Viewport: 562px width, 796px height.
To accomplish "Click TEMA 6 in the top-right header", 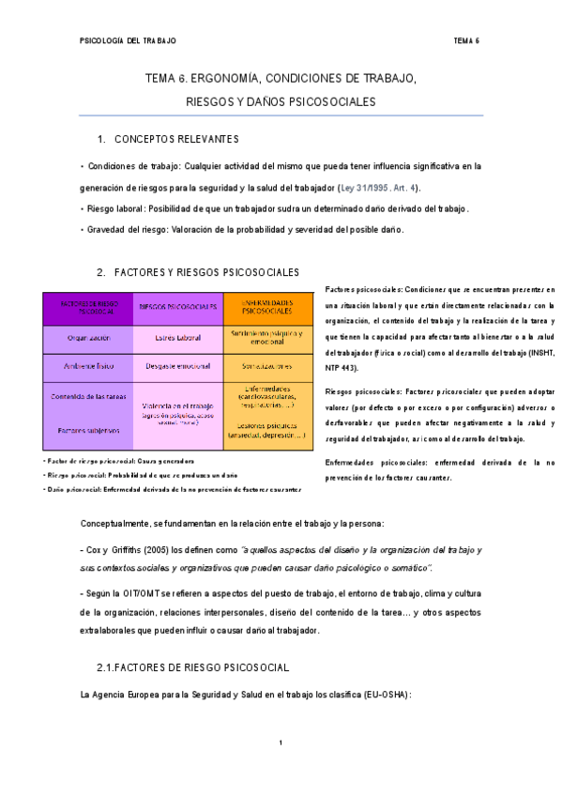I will pos(466,41).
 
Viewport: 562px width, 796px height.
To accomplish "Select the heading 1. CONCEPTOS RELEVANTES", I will pos(169,140).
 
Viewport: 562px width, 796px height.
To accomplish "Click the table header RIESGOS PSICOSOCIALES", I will pos(178,307).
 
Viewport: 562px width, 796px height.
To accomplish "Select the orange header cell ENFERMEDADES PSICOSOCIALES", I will pos(267,307).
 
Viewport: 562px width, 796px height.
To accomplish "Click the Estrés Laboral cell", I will pos(178,337).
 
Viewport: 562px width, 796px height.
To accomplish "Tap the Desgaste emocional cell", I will pos(178,366).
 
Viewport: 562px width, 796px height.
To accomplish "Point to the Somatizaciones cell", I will pos(267,366).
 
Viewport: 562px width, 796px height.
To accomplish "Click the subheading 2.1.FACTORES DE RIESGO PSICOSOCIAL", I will pos(192,666).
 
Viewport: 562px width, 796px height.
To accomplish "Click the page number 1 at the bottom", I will pos(281,743).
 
